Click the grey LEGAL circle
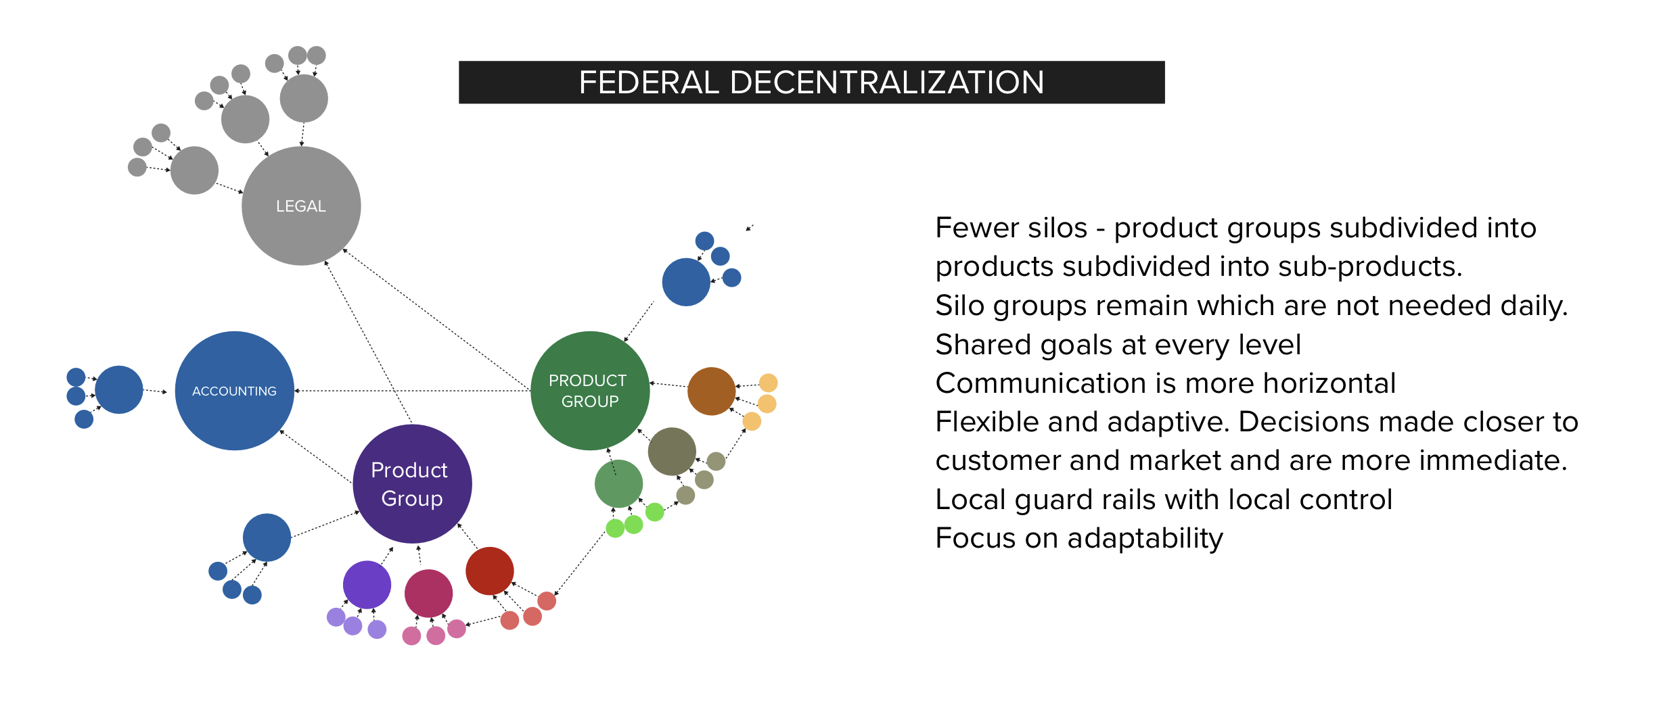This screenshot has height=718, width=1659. coord(301,206)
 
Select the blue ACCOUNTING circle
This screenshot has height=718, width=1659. coord(235,391)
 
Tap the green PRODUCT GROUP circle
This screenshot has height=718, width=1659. coord(590,391)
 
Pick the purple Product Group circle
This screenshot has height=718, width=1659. coord(412,484)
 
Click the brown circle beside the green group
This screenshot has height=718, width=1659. coord(712,391)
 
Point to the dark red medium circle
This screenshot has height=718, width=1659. coord(490,571)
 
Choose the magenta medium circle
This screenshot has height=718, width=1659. coord(429,594)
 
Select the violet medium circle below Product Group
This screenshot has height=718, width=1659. coord(367,585)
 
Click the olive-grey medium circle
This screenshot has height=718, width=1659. coord(672,452)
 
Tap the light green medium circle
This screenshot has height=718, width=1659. coord(619,484)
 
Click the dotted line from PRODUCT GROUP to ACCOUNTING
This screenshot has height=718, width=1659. coord(413,391)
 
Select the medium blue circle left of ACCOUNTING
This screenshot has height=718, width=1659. coord(119,389)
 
